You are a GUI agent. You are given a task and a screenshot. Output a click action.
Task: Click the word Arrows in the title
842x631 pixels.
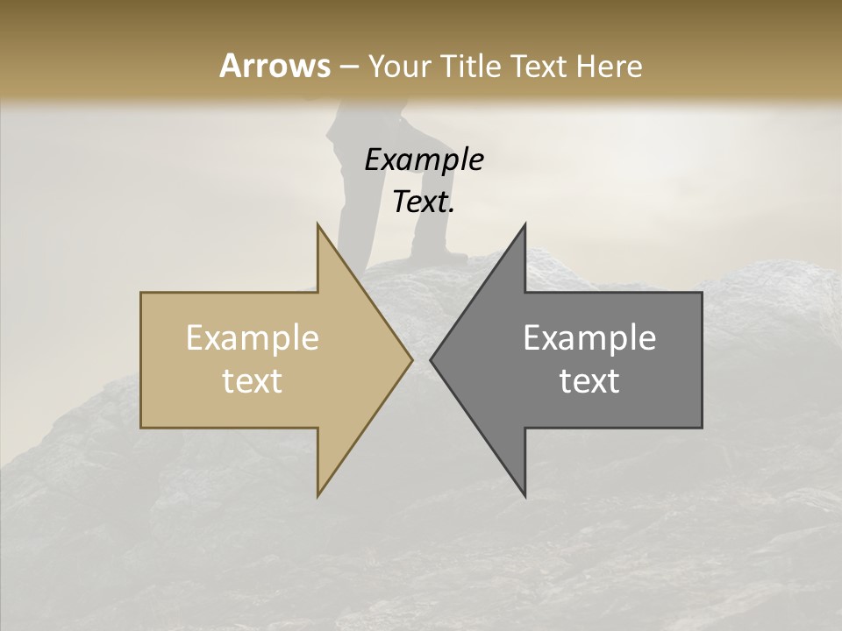275,66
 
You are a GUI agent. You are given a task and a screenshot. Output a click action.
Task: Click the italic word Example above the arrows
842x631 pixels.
424,160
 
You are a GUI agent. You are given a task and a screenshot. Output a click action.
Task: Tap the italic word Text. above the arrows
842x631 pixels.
424,202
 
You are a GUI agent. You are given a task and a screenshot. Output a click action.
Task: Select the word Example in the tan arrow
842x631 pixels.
253,338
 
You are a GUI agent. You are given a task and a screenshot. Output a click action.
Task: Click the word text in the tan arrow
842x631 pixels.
253,381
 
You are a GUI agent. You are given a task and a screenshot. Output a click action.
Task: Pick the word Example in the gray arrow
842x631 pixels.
589,338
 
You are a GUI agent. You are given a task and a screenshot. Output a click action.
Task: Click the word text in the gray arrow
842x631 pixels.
589,381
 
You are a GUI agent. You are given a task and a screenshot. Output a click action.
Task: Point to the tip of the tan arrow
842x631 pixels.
410,359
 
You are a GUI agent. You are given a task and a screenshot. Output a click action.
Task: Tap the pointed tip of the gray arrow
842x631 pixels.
432,359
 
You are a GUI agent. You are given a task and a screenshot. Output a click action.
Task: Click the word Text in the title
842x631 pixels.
542,67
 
